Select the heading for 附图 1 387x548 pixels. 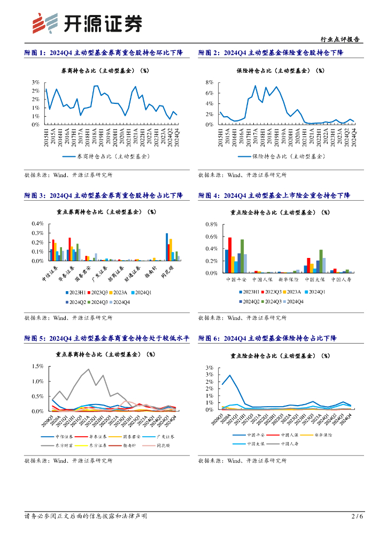click(x=104, y=52)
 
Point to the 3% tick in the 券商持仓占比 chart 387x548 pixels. click(x=35, y=82)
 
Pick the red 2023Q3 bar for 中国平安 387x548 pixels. click(x=230, y=255)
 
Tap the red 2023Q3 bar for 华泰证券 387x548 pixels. click(x=69, y=249)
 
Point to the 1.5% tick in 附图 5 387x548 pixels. click(x=38, y=367)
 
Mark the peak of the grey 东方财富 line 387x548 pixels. click(x=88, y=369)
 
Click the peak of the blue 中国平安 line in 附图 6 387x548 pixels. click(x=230, y=375)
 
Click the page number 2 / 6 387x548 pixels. click(x=357, y=516)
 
